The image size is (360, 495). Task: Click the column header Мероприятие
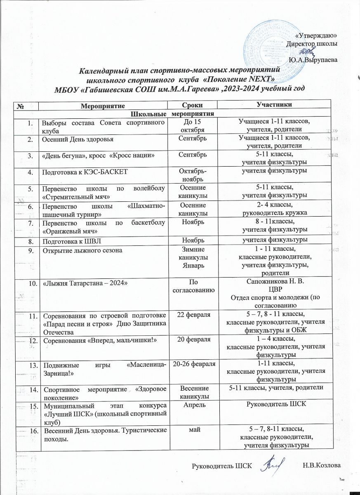coord(102,106)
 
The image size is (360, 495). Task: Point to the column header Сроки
coord(193,106)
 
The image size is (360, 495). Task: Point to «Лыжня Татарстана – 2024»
coord(80,283)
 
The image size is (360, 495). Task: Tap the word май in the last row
coord(193,431)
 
